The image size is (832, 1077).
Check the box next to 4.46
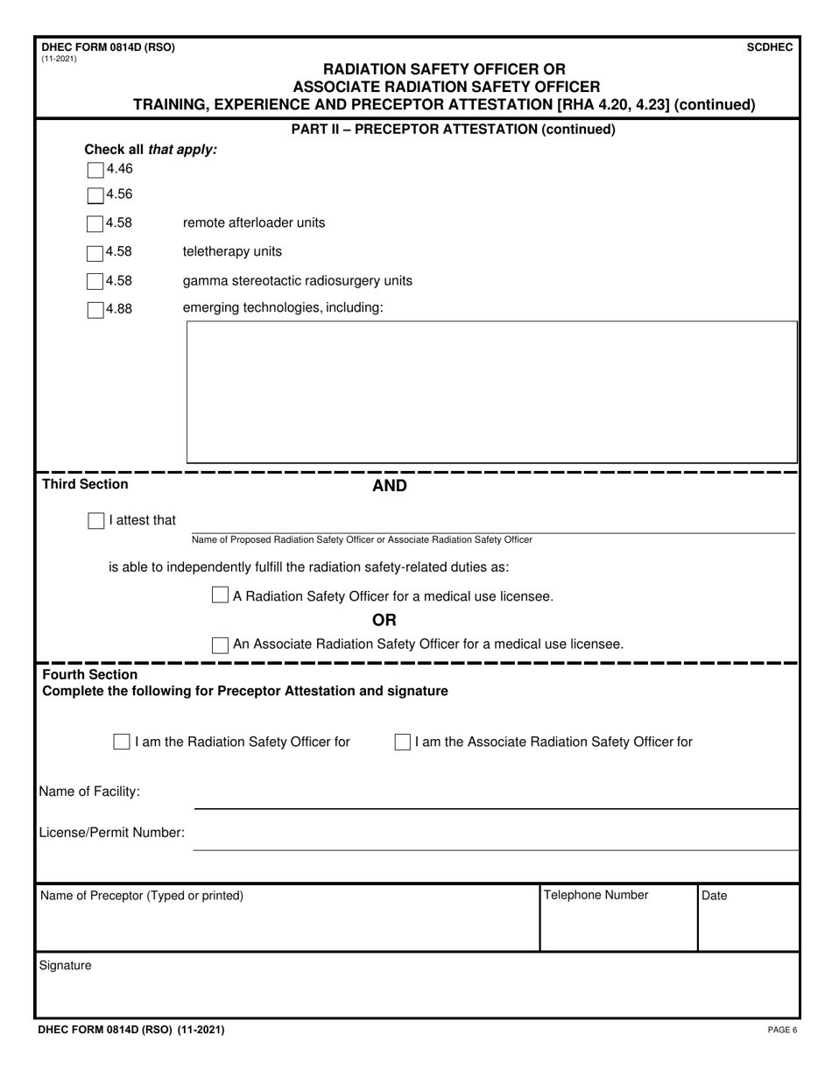[x=95, y=169]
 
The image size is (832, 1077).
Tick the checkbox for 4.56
[x=95, y=194]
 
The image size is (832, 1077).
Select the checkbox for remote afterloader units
[x=95, y=223]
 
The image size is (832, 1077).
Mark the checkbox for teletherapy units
[x=95, y=252]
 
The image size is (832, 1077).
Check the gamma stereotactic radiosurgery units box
[x=95, y=281]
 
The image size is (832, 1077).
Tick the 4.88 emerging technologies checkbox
[x=95, y=308]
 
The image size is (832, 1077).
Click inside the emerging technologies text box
[x=491, y=391]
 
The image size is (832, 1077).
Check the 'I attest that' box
[x=96, y=521]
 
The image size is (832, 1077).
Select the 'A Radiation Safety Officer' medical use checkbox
[x=222, y=595]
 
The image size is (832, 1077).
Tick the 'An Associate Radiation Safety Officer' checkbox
[x=222, y=644]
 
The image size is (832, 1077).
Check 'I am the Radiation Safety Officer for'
[x=122, y=742]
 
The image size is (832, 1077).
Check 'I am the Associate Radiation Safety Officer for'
[x=402, y=742]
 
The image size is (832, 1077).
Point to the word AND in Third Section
[x=390, y=486]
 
